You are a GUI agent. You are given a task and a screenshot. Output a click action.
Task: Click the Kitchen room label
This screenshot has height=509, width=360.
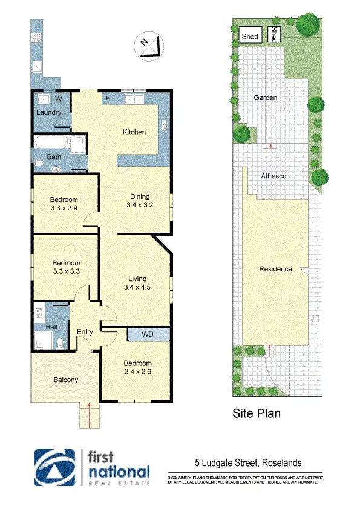coord(134,132)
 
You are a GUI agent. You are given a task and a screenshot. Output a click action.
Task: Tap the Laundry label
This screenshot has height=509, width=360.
coord(49,112)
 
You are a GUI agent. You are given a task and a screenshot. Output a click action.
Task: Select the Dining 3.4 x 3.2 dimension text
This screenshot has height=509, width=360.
coord(139,205)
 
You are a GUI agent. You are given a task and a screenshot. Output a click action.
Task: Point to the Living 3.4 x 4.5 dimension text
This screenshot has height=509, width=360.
coord(137,287)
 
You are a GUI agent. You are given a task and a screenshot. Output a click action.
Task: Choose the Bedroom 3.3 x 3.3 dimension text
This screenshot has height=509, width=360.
coord(66,271)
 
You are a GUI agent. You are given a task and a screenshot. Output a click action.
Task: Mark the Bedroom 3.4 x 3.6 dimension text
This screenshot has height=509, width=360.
coord(137,371)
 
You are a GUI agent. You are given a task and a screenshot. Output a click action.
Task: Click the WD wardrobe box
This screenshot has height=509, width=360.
coord(148,334)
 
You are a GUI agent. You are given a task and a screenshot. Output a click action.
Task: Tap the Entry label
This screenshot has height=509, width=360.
coord(85,331)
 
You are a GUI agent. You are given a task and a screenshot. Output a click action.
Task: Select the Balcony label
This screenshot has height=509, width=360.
coord(65,380)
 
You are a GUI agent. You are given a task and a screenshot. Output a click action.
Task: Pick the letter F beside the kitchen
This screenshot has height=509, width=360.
coord(108,97)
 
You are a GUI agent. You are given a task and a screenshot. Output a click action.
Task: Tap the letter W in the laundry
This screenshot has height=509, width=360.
coord(59,98)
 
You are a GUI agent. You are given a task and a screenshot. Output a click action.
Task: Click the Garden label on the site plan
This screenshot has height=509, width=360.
coord(266,97)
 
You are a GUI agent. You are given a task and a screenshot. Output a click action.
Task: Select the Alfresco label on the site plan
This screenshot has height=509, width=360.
coord(273,176)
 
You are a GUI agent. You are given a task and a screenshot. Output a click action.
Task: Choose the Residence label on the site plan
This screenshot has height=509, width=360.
coord(275,269)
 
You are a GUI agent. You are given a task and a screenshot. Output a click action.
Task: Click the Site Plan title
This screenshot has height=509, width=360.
coord(257,414)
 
